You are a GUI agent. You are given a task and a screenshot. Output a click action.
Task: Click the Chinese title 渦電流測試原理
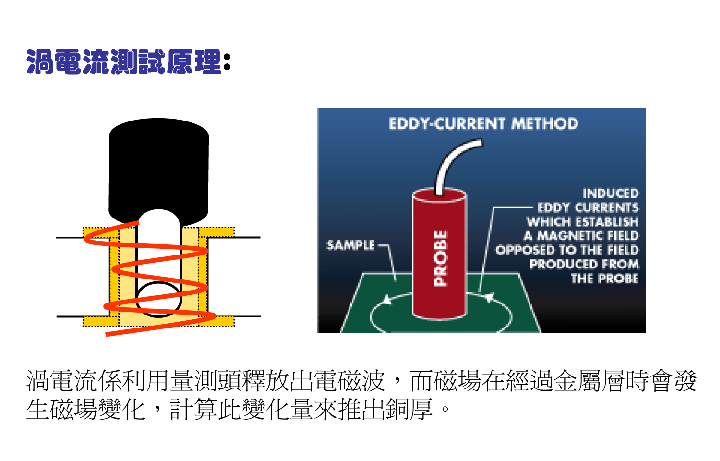(x=124, y=62)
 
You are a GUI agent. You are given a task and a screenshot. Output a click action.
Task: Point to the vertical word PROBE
(x=440, y=258)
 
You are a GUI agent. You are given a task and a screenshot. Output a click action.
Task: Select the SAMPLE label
(x=350, y=245)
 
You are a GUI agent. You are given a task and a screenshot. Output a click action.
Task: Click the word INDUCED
(x=611, y=194)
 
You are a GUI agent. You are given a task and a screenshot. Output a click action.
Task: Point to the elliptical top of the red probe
(x=439, y=195)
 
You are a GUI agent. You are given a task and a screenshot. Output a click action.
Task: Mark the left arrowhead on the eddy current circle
(x=386, y=300)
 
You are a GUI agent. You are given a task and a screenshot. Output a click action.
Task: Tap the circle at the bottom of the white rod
(x=158, y=299)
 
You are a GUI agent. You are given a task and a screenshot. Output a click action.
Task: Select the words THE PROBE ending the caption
(x=604, y=279)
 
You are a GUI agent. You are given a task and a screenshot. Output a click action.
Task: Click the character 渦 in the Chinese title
(x=39, y=62)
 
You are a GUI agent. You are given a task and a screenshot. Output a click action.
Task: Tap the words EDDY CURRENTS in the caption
(x=588, y=207)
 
